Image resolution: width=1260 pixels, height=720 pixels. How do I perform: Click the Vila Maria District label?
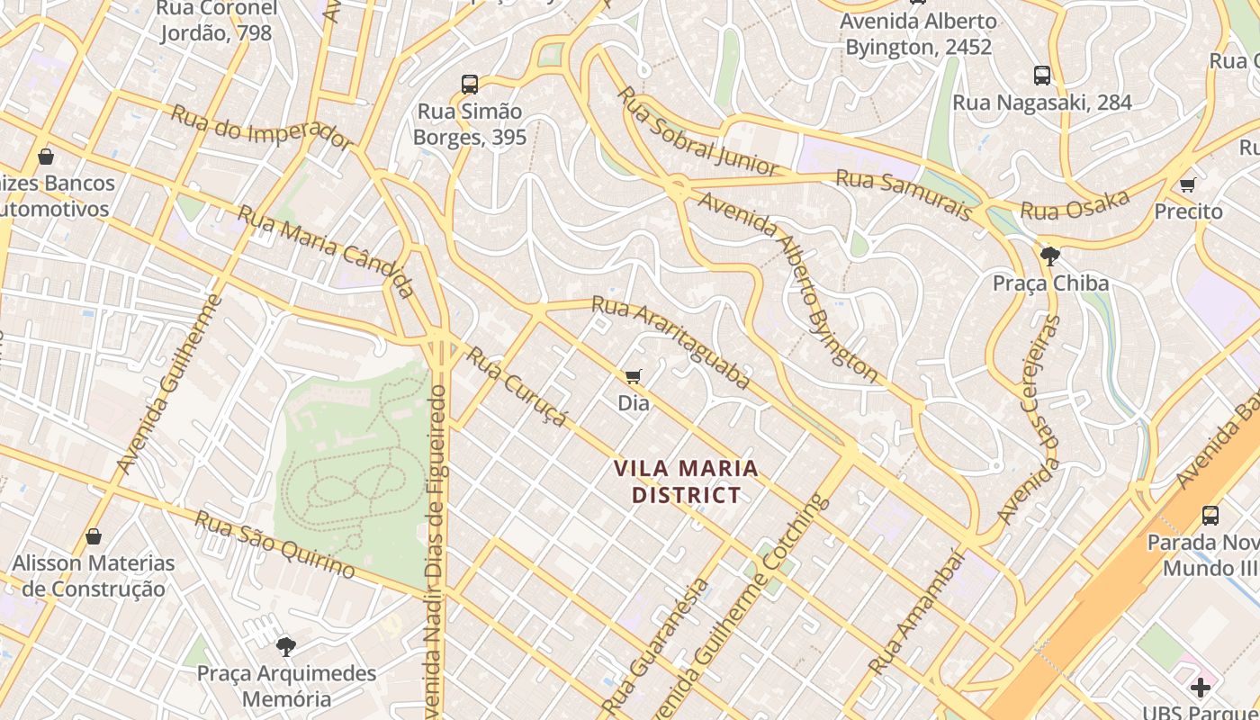tap(686, 481)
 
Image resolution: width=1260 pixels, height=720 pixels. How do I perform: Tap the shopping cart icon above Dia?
tap(634, 376)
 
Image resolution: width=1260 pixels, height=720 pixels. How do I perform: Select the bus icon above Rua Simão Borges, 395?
tap(470, 85)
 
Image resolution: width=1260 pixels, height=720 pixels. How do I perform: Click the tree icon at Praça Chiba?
tap(1049, 256)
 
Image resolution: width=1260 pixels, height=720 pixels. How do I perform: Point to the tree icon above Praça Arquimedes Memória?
tap(286, 646)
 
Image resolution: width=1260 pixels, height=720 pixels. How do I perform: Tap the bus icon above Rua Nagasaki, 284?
tap(1042, 76)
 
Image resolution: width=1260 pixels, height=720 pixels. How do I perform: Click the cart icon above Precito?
tap(1188, 184)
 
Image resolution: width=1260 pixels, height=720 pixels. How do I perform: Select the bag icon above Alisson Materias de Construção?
tap(94, 537)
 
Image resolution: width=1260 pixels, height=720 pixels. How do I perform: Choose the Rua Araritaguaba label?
tap(670, 343)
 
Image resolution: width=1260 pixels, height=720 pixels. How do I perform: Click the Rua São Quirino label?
tap(274, 544)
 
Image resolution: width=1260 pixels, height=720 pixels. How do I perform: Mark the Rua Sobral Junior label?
tap(698, 131)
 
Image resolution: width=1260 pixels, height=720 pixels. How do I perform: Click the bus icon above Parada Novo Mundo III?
tap(1210, 516)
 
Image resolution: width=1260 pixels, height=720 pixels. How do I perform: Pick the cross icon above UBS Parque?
tap(1201, 688)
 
